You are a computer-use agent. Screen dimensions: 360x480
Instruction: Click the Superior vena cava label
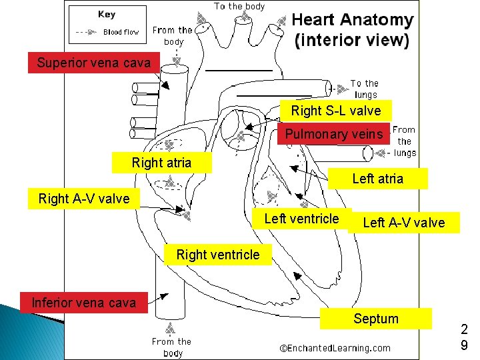pyautogui.click(x=93, y=63)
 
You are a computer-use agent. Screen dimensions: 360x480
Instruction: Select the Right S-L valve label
pyautogui.click(x=335, y=111)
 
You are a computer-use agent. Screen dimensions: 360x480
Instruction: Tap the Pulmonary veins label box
pyautogui.click(x=333, y=134)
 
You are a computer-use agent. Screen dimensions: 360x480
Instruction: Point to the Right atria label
pyautogui.click(x=161, y=163)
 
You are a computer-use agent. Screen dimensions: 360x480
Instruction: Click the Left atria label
pyautogui.click(x=377, y=179)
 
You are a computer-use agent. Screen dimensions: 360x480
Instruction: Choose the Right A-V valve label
pyautogui.click(x=84, y=199)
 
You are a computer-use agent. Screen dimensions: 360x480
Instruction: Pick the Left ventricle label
pyautogui.click(x=301, y=219)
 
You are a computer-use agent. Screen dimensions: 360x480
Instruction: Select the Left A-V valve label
pyautogui.click(x=403, y=223)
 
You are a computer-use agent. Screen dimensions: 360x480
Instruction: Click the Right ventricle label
pyautogui.click(x=218, y=255)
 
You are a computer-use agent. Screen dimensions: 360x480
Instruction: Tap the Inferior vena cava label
pyautogui.click(x=84, y=303)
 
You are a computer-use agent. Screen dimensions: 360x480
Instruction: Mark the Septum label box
pyautogui.click(x=375, y=319)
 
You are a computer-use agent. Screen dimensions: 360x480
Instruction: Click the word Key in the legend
pyautogui.click(x=106, y=15)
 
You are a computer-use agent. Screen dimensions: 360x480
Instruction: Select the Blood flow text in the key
pyautogui.click(x=121, y=32)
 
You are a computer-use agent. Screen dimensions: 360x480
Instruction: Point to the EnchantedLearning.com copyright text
pyautogui.click(x=335, y=347)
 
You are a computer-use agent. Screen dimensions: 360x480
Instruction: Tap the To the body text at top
pyautogui.click(x=239, y=6)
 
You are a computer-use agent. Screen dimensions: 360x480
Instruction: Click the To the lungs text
pyautogui.click(x=365, y=89)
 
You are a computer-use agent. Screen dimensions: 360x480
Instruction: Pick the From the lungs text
pyautogui.click(x=405, y=141)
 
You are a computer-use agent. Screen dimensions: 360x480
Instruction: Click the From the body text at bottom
pyautogui.click(x=171, y=347)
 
